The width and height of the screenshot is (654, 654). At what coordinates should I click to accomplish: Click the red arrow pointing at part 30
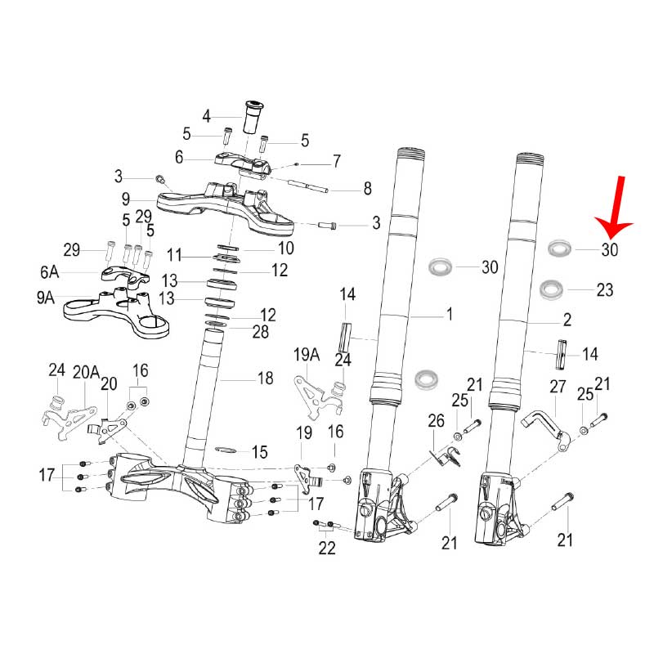pos(616,208)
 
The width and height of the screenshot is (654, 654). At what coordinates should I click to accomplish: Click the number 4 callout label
pos(207,116)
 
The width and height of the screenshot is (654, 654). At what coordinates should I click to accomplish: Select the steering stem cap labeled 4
pos(252,117)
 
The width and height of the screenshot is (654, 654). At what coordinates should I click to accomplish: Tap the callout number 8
pos(367,189)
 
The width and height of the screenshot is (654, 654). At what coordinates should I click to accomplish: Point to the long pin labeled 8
pos(308,186)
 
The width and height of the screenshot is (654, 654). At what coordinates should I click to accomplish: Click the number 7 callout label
pos(337,161)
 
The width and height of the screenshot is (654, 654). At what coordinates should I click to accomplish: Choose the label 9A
pos(46,298)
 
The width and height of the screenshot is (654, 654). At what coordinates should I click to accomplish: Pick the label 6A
pos(50,272)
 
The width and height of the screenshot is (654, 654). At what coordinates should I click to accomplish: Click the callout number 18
pos(265,378)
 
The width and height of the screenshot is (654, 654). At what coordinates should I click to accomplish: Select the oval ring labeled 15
pos(226,450)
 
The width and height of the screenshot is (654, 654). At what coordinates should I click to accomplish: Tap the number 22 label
pos(326,548)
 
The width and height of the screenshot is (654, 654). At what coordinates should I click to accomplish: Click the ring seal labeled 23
pos(551,289)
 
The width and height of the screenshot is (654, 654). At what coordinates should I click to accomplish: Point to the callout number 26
pos(436,420)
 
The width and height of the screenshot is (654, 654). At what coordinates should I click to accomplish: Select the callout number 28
pos(261,332)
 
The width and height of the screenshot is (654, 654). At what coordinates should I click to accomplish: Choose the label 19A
pos(307,355)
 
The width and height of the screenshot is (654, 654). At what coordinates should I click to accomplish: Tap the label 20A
pos(87,372)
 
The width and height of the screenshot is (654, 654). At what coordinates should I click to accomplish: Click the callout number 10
pos(286,249)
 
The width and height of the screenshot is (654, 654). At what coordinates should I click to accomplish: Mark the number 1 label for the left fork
pos(449,314)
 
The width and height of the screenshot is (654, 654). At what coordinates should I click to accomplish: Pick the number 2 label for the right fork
pos(567,320)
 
